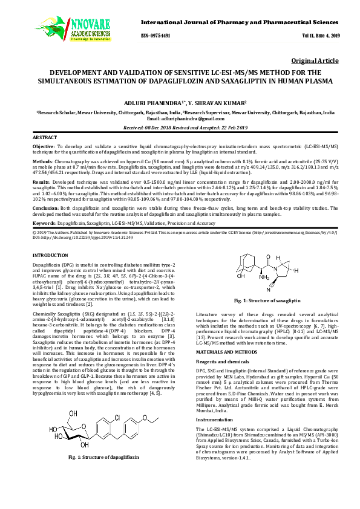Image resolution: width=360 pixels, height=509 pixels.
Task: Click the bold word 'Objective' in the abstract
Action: [44, 146]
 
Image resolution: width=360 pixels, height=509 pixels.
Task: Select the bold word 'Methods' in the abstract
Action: [42, 163]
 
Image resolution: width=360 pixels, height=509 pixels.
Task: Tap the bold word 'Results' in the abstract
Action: [41, 181]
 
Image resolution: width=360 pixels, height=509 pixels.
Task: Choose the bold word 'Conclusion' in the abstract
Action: [46, 207]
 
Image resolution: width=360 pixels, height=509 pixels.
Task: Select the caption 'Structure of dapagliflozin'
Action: [103, 475]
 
